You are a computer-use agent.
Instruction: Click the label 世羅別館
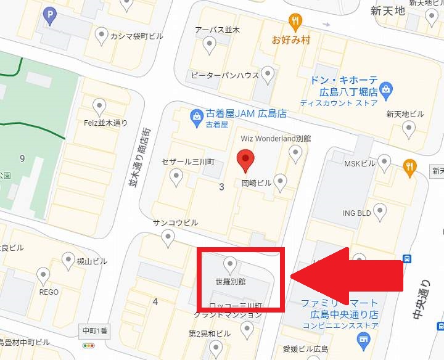231,281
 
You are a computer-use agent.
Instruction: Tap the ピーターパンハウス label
224,75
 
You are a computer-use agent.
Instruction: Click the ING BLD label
356,213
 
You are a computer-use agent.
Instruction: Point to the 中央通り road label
421,300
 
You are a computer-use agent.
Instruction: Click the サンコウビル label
176,223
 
